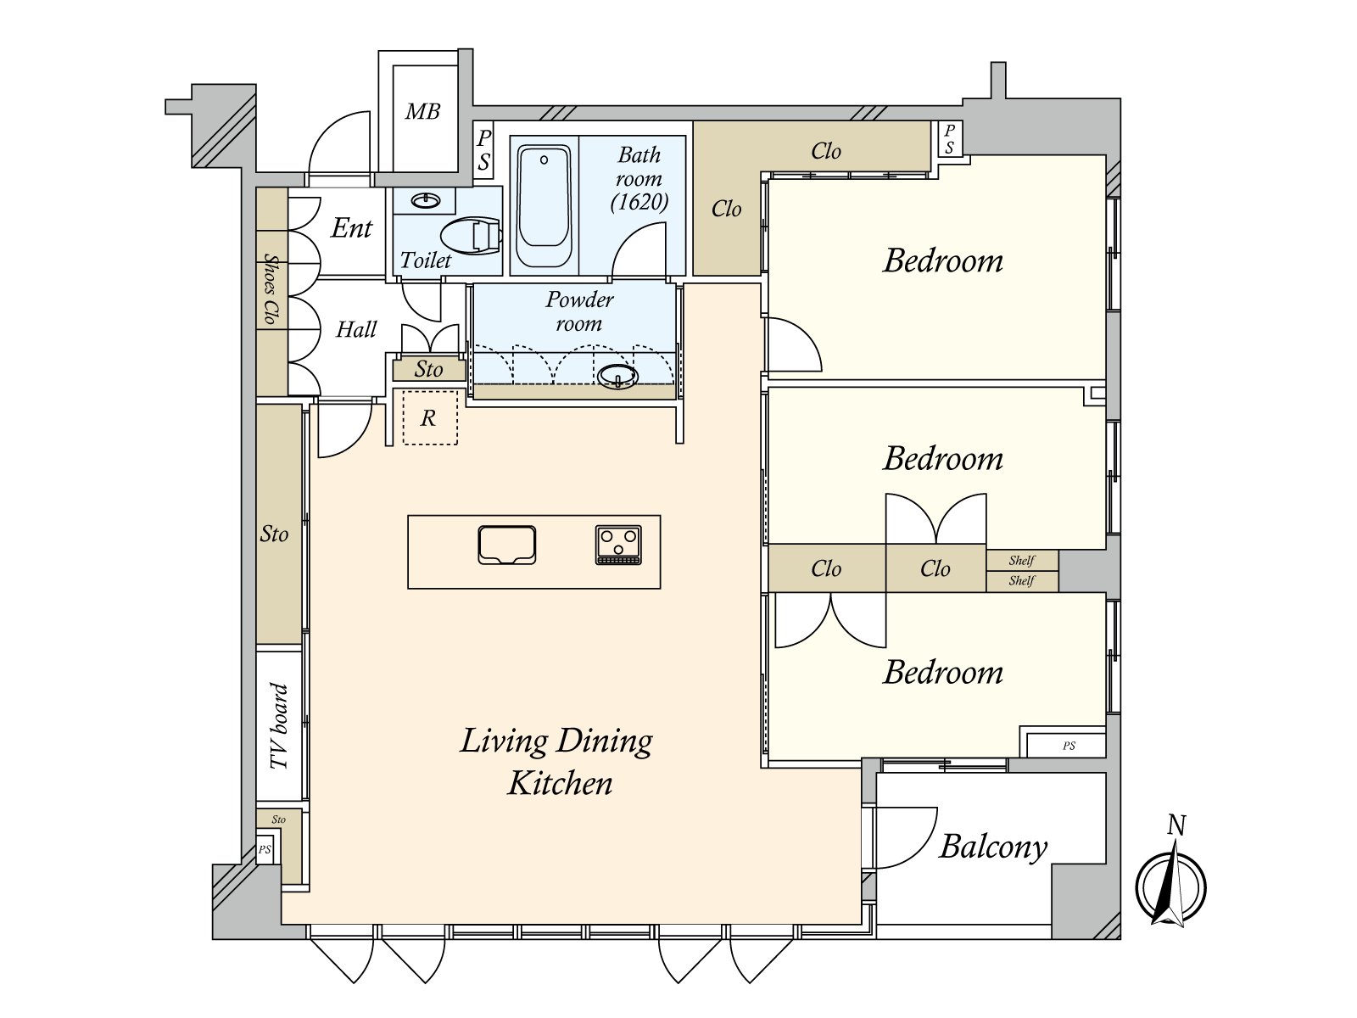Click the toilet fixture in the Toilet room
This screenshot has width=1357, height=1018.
pos(471,236)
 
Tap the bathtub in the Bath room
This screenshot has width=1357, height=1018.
pos(544,205)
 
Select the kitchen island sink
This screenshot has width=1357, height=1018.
pos(507,545)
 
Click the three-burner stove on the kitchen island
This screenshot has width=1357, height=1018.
pos(618,545)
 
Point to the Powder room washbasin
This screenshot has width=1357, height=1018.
pos(617,377)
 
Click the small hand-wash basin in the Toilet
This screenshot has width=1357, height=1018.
pos(426,201)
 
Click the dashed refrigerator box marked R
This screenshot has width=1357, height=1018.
pos(430,417)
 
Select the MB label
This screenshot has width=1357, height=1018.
pos(423,112)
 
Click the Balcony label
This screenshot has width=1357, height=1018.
pos(993,847)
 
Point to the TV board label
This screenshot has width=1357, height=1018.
pos(279,725)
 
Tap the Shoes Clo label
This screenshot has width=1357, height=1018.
pos(271,288)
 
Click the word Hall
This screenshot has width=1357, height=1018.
pos(356,329)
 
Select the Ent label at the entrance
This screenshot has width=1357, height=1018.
pos(351,228)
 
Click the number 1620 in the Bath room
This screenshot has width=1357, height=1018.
pos(639,202)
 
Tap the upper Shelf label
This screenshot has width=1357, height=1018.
pos(1021,561)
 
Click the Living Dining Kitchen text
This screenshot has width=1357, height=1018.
pos(556,762)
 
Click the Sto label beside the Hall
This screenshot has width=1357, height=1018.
pos(428,370)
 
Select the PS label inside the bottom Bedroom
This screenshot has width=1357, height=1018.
pos(1069,746)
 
